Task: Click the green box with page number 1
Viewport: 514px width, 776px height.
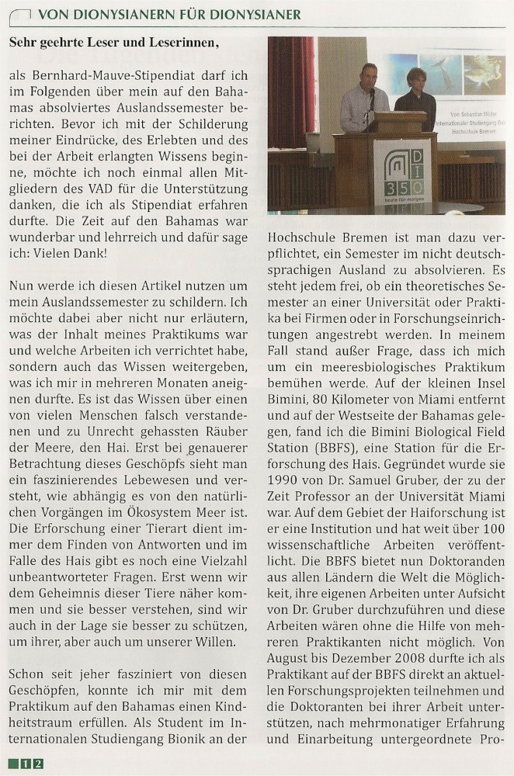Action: pyautogui.click(x=26, y=764)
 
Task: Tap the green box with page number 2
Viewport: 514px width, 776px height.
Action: pyautogui.click(x=38, y=764)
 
